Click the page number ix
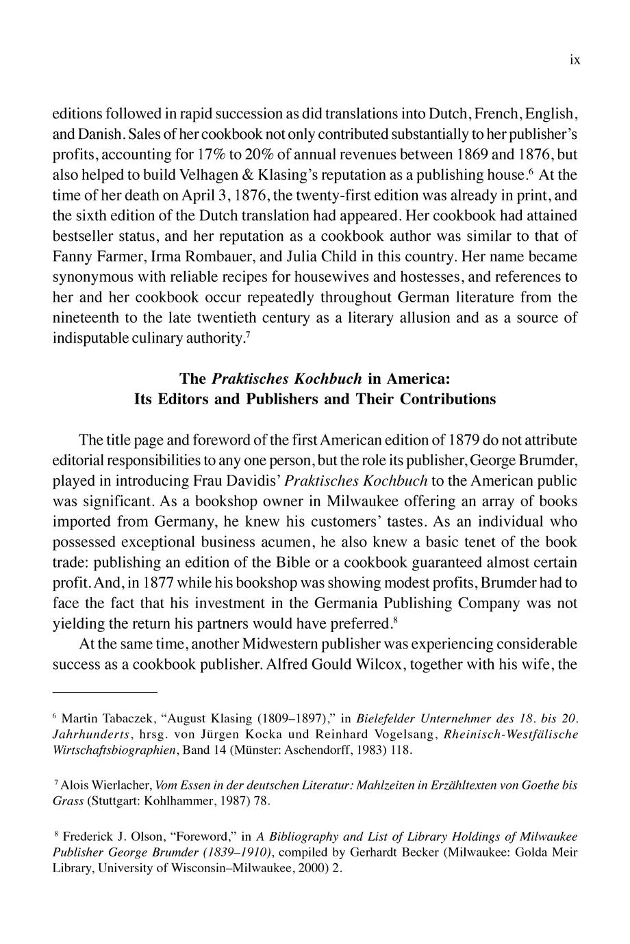pyautogui.click(x=575, y=60)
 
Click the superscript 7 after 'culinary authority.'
pyautogui.click(x=247, y=335)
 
